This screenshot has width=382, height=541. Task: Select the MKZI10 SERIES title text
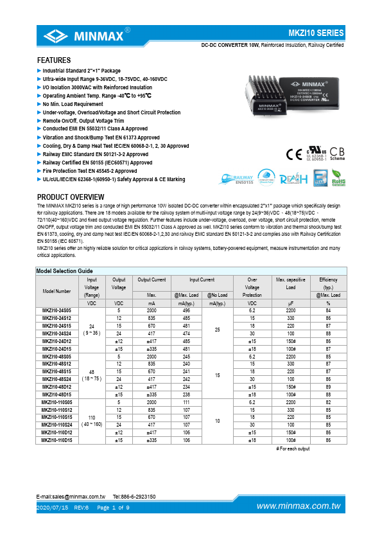(x=317, y=33)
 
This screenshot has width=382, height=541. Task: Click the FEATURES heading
(x=54, y=60)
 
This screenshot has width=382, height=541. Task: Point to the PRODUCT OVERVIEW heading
(x=75, y=197)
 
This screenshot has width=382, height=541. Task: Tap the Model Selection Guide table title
(x=65, y=271)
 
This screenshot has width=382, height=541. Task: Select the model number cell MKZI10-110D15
(x=56, y=440)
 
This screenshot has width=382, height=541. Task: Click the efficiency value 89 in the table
(x=328, y=387)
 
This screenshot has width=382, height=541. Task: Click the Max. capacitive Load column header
(x=290, y=283)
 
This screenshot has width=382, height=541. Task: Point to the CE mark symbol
(x=291, y=153)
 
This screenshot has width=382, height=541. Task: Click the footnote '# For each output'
(x=293, y=448)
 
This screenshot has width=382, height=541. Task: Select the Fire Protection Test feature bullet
(x=90, y=172)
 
